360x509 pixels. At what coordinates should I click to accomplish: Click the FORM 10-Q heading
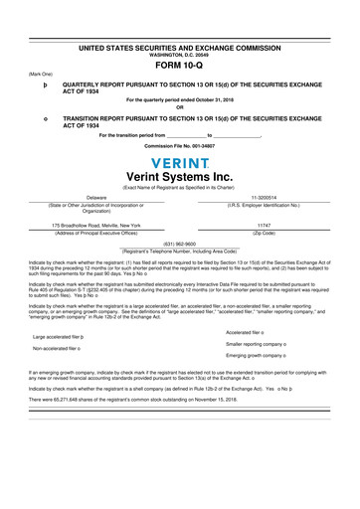(x=180, y=66)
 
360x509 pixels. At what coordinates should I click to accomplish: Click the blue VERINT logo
(x=180, y=162)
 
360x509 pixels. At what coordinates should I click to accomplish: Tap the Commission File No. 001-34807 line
(x=180, y=146)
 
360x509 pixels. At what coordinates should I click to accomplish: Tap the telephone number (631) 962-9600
(x=180, y=244)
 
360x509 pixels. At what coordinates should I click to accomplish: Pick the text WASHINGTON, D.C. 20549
(x=180, y=54)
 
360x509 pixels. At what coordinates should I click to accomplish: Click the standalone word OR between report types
(x=180, y=106)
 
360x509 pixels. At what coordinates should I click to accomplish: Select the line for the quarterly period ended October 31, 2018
(x=180, y=100)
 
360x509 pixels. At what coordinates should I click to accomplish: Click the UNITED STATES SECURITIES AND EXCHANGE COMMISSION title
(x=180, y=47)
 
